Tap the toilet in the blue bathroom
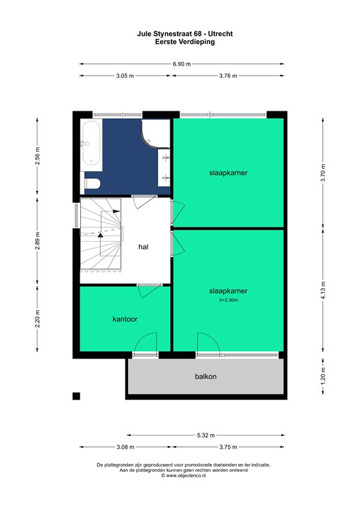[x=91, y=182]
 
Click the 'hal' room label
[x=143, y=247]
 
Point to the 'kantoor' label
[x=125, y=319]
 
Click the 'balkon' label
[x=206, y=376]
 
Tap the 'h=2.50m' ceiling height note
[x=228, y=301]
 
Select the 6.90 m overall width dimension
[x=182, y=64]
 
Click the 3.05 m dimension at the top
[x=125, y=76]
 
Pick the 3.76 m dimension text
[x=228, y=76]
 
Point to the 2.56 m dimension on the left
[x=38, y=160]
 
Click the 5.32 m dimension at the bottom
[x=206, y=435]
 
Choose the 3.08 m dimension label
[x=125, y=447]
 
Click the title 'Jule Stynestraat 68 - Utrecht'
[x=180, y=33]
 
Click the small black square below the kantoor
[x=76, y=396]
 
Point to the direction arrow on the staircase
[x=100, y=234]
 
